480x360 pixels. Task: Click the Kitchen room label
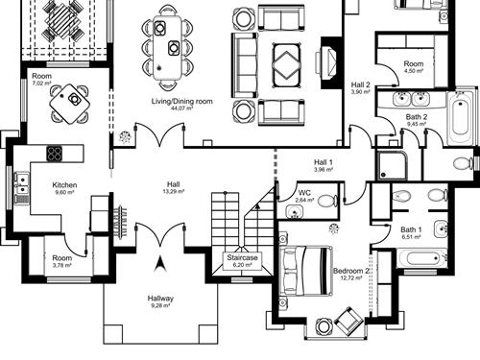[x=64, y=185]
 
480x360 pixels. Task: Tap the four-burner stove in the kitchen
[x=55, y=153]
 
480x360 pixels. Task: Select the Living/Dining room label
[x=181, y=101]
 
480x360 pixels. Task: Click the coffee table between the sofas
[x=287, y=65]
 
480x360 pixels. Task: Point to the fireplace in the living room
[x=329, y=62]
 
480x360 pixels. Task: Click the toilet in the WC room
[x=327, y=201]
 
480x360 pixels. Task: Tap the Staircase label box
[x=242, y=261]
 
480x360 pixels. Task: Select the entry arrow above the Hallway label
[x=160, y=264]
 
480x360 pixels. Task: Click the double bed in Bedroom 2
[x=305, y=271]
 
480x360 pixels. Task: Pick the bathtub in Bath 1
[x=421, y=258]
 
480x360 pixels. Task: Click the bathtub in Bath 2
[x=461, y=117]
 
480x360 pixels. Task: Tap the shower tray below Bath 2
[x=392, y=165]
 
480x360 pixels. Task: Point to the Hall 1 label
[x=324, y=162]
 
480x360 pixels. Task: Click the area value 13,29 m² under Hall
[x=173, y=191]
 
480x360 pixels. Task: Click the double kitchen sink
[x=21, y=183]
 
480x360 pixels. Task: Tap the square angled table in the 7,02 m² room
[x=69, y=104]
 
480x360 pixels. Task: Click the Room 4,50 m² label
[x=414, y=67]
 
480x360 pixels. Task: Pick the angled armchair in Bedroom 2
[x=348, y=320]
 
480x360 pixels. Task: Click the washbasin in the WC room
[x=295, y=212]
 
